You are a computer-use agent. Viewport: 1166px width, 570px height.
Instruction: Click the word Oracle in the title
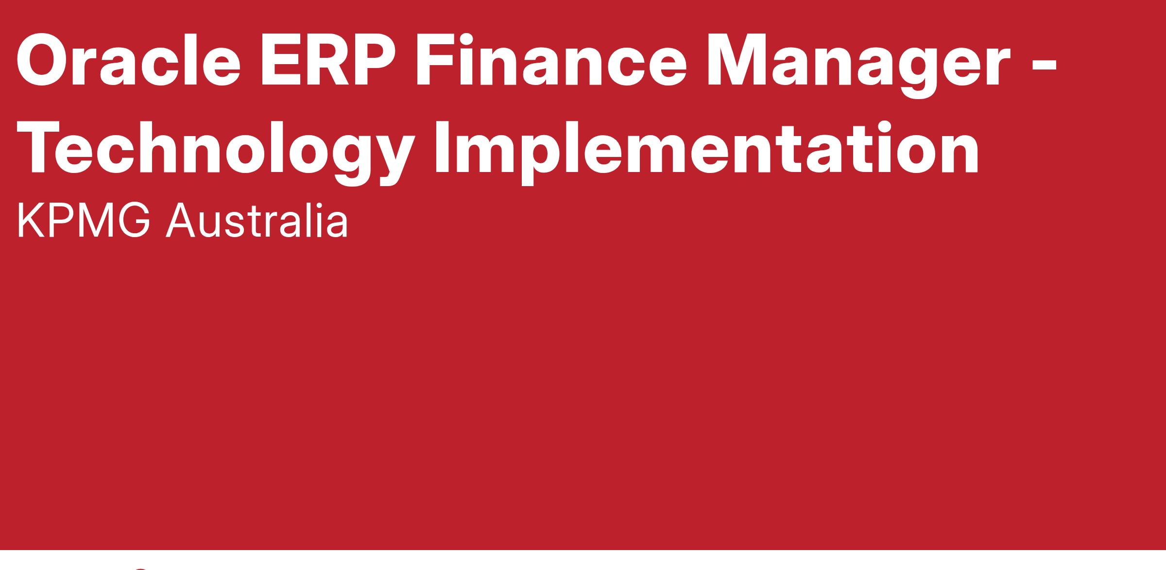(x=128, y=60)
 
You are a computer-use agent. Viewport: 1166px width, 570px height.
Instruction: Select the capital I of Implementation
(x=442, y=148)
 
